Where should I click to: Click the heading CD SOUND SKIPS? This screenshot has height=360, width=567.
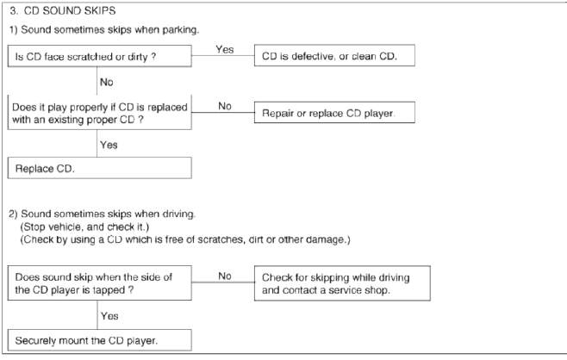70,11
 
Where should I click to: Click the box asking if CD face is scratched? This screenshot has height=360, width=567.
100,56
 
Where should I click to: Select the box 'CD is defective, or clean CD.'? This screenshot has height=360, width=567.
334,55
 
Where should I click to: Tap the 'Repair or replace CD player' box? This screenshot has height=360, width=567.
334,113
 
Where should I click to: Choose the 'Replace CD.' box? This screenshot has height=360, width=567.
100,168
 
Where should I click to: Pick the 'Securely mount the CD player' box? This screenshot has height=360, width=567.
100,339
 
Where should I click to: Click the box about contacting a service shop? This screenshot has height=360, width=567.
342,283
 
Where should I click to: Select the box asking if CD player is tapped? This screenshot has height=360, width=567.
100,283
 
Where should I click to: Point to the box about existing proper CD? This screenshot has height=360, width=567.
100,113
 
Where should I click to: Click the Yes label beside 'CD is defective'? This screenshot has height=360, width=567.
225,49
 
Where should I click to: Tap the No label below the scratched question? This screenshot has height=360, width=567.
107,82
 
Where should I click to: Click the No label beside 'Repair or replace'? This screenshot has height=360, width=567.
225,106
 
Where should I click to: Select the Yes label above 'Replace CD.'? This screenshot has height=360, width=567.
109,145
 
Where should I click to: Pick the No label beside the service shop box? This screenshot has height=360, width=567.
225,276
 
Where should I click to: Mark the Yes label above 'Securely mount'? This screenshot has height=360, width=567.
109,316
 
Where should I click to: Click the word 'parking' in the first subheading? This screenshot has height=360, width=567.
180,30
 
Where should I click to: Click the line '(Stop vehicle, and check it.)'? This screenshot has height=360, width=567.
84,227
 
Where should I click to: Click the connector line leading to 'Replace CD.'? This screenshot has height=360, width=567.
97,143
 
